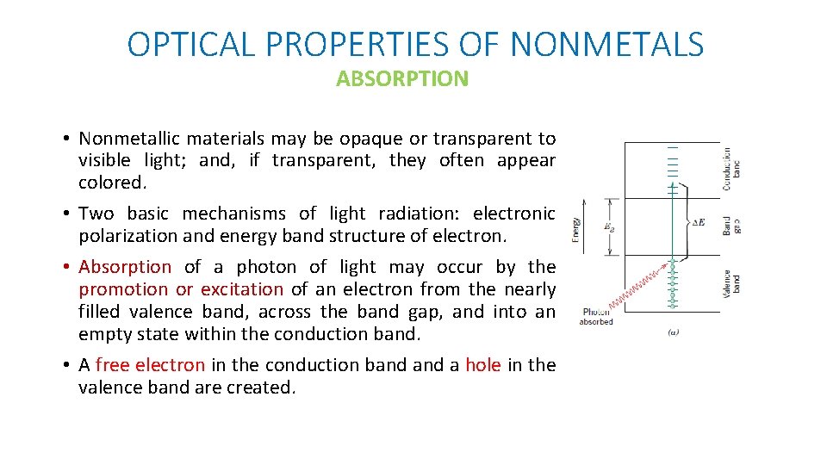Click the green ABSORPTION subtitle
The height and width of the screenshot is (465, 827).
tap(402, 79)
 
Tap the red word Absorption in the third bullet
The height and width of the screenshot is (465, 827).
tap(125, 267)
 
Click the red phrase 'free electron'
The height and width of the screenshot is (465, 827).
tap(150, 365)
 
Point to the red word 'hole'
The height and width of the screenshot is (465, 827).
tap(482, 365)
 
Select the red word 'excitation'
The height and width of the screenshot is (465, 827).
tap(242, 289)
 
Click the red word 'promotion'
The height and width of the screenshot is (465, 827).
tap(124, 289)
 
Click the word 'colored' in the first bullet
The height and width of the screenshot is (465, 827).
tap(109, 183)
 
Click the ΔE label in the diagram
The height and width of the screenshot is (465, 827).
tap(699, 222)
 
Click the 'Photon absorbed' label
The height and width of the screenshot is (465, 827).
tap(596, 317)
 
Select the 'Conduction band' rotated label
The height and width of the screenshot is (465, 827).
tap(731, 167)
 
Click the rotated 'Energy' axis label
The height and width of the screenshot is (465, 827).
tap(575, 227)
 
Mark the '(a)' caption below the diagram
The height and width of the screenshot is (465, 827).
tap(673, 332)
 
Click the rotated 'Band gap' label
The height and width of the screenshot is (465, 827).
tap(731, 226)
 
